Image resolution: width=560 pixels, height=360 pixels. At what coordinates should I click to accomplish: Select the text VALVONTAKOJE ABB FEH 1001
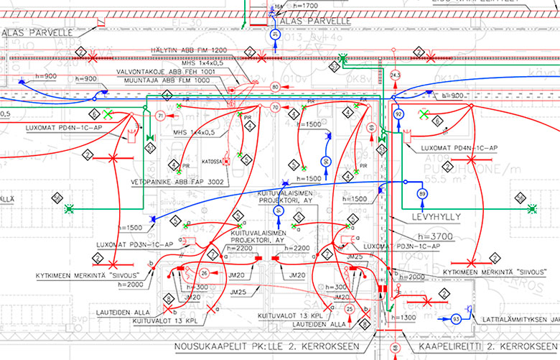tap(167, 72)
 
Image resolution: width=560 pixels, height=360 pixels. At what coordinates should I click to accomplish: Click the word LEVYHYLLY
tap(434, 216)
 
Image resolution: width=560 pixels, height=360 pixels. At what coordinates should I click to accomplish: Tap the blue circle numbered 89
tap(422, 193)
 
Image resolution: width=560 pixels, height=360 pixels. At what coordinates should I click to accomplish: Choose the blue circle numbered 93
tap(455, 318)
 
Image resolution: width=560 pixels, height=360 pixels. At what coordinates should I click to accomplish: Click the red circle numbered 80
tap(275, 88)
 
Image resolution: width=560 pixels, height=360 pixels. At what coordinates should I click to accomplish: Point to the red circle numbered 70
tap(275, 109)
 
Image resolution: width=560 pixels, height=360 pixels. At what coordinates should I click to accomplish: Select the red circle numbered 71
tap(161, 116)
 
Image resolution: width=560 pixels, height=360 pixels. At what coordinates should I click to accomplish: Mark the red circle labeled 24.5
tap(394, 75)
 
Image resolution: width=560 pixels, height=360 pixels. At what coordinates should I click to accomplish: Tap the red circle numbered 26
tap(205, 273)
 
